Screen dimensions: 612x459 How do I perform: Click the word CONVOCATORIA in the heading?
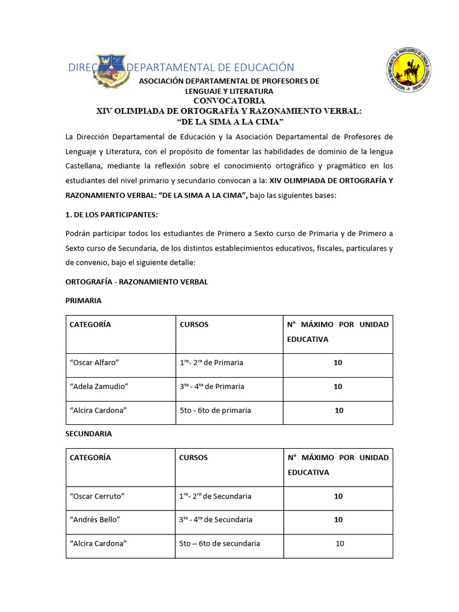(229, 100)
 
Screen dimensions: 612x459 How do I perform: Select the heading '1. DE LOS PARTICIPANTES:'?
(112, 215)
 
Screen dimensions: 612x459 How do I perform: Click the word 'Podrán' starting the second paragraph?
(78, 232)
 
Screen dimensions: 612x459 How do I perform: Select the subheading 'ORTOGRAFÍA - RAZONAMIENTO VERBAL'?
(136, 281)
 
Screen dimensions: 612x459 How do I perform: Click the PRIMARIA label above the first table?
(83, 300)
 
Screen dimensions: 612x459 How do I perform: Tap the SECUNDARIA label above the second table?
(88, 433)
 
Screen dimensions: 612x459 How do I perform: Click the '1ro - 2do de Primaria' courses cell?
(211, 363)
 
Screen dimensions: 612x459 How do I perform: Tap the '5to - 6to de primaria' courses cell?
(215, 411)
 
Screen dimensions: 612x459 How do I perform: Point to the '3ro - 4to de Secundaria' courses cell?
(215, 520)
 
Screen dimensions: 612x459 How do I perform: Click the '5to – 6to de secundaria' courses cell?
(219, 544)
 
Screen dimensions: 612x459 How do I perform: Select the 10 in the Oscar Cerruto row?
(338, 496)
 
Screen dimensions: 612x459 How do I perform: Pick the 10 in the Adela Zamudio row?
(338, 387)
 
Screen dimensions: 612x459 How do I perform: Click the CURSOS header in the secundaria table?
(194, 458)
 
